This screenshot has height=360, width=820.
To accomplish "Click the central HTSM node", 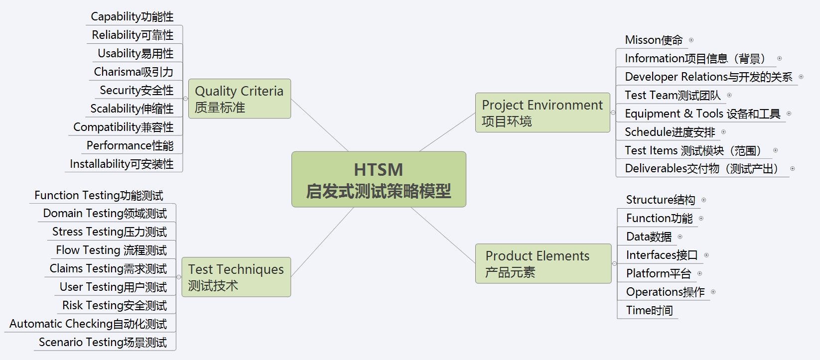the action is coord(379,179).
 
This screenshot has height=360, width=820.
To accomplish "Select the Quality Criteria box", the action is coord(239,99).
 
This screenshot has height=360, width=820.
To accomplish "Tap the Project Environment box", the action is coord(542,113).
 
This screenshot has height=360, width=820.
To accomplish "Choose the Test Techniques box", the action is coord(236,277).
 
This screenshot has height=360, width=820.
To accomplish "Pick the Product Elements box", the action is coord(543,263).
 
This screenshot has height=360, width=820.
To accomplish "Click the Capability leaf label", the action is coord(132,16).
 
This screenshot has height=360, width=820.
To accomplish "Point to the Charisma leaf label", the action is coord(134,72).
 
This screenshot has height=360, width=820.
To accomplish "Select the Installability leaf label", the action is coord(122,164).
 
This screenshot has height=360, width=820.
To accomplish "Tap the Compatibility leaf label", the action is coord(124,127).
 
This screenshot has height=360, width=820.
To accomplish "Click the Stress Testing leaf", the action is coord(110,232).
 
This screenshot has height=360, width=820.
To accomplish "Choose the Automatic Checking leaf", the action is coord(88,324).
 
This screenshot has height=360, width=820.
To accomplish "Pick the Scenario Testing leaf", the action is coord(103,342).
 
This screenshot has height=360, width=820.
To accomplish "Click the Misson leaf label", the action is coord(654,40).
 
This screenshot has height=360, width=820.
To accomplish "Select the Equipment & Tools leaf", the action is coord(702,114).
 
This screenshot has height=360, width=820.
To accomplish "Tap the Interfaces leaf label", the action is coord(662,255).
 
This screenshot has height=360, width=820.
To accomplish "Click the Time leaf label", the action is coord(649,310).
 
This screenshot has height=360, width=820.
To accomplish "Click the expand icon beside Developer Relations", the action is coord(801,77).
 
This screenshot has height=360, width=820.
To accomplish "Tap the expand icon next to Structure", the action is coord(704,200).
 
